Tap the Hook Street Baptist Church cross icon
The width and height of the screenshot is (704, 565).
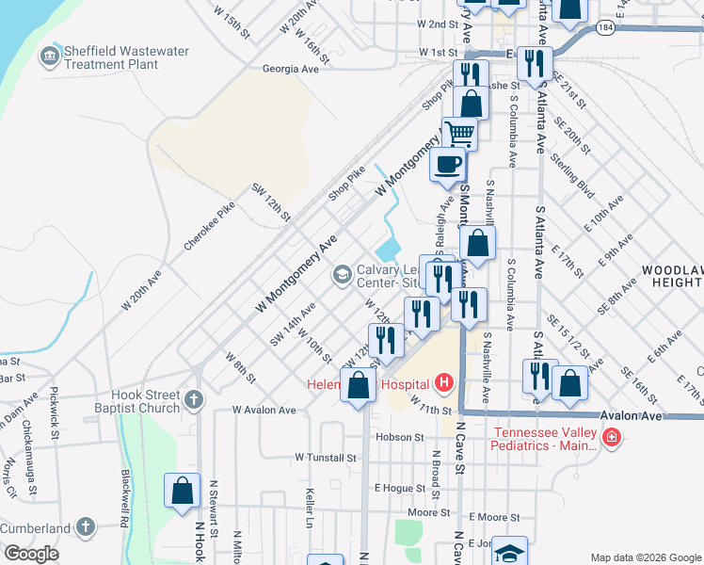194,400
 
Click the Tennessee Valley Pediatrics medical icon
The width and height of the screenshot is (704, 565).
611,438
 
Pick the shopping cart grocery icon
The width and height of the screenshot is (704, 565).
458,132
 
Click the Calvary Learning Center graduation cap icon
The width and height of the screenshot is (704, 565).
341,274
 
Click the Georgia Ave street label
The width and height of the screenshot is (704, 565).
291,69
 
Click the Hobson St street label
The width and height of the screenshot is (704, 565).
400,437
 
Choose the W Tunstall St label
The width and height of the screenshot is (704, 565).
326,458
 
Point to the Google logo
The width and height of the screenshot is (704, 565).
31,554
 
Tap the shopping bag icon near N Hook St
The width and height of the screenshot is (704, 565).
183,491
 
